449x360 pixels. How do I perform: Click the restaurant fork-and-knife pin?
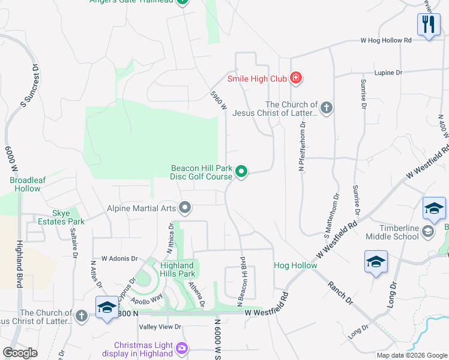tap(427, 25)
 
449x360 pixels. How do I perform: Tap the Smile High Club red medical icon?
tap(295, 77)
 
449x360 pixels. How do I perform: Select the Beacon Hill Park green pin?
tap(241, 172)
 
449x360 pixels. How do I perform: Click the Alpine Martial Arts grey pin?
tap(185, 208)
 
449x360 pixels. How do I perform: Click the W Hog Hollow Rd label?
tap(386, 40)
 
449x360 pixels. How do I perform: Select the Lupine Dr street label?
tap(388, 73)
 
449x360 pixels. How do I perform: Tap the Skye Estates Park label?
tap(68, 217)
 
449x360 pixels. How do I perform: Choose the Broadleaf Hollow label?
tap(25, 184)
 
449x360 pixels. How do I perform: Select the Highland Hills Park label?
tap(176, 269)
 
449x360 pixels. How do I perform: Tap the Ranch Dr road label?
tap(340, 291)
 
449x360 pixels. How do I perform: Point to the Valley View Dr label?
tap(160, 326)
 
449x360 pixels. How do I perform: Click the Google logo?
tap(20, 353)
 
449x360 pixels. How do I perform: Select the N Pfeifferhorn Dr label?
tap(303, 146)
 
